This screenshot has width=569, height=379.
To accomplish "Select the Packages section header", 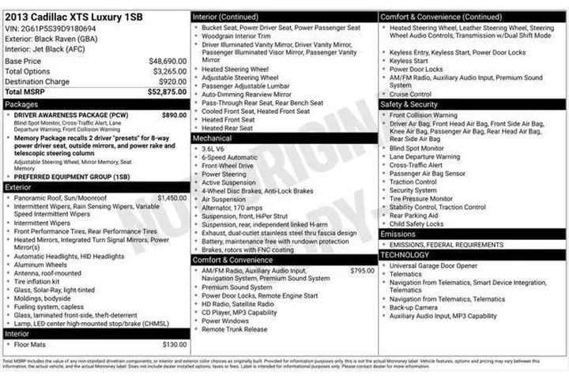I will point(21,103).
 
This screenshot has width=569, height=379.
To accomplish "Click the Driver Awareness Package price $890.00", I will point(174,114).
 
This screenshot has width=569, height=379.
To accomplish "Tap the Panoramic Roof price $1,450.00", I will point(172,197).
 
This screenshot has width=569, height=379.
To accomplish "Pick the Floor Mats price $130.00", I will point(174,344).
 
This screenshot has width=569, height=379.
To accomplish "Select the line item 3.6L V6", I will point(213,148).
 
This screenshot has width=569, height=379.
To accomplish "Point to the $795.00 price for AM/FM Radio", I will point(362,270).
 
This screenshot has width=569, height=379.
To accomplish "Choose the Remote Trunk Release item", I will point(235,329).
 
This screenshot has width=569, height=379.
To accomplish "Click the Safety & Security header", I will point(409,104).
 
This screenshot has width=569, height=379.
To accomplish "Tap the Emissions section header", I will point(398,235).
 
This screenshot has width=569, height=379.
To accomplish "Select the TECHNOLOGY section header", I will point(405,255).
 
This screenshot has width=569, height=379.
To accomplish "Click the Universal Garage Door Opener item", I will point(433,265).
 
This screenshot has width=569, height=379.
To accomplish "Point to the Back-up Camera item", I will point(415,307).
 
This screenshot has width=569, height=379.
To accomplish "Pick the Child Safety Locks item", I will point(416,223).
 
